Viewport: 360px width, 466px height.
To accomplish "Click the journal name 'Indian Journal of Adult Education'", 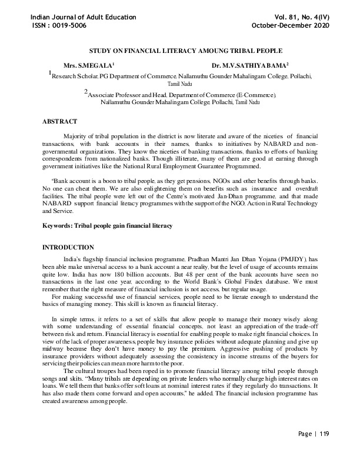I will [x=83, y=17].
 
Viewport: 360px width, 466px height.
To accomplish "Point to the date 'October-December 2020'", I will [x=291, y=26].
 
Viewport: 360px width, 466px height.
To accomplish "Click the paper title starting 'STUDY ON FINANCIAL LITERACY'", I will [x=179, y=52].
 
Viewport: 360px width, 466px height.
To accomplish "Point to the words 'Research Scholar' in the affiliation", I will [x=74, y=76].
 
